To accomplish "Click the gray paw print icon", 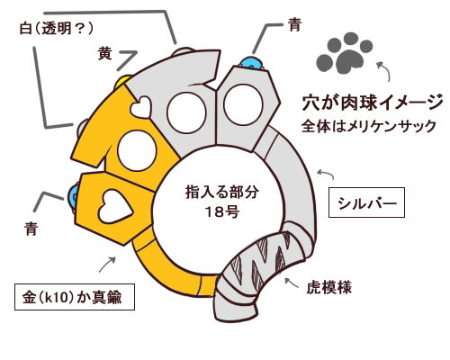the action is click(x=345, y=53).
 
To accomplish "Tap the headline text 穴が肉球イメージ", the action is click(x=373, y=102).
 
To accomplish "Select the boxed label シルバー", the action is click(x=366, y=202).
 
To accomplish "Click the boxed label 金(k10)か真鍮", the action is click(x=75, y=297).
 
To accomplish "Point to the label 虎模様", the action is click(x=329, y=287).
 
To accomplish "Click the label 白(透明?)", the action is click(x=56, y=29).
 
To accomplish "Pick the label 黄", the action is click(x=104, y=54).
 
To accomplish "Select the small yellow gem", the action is click(x=122, y=82).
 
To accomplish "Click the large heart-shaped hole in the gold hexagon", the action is click(x=115, y=206).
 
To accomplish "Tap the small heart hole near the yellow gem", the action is click(x=140, y=107).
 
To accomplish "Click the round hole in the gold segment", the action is click(x=137, y=151).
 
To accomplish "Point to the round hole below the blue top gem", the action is click(x=243, y=104).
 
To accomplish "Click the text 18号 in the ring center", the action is click(x=222, y=211).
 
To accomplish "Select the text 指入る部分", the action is click(x=222, y=192).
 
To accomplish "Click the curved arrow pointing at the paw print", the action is click(x=385, y=70).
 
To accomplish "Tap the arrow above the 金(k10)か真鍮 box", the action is click(x=107, y=264).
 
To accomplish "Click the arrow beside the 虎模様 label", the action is click(x=291, y=283).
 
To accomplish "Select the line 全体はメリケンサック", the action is click(x=369, y=126).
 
